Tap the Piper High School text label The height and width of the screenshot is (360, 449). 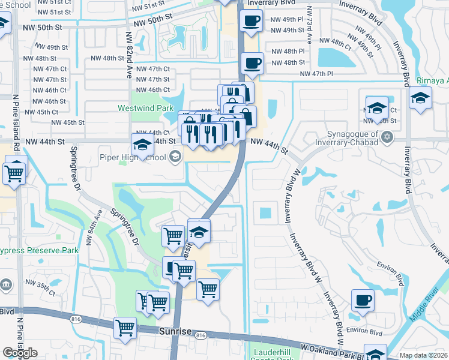coord(133,158)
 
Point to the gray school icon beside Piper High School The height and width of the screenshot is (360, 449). coord(175,157)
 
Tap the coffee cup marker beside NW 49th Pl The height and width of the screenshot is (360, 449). coord(251,22)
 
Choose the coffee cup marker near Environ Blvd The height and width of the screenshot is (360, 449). coord(363,301)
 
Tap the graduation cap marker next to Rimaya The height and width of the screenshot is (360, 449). coord(420,98)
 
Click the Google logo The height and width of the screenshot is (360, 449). coord(20,353)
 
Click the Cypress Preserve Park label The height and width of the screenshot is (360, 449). coord(38,250)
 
